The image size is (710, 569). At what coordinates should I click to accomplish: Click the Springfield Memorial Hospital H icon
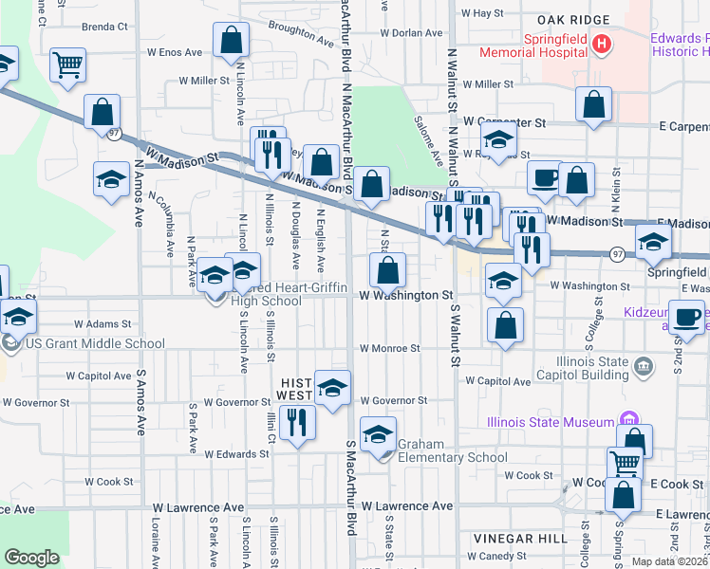pos(600,44)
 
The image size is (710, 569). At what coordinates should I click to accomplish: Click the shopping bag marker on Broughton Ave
pos(231,41)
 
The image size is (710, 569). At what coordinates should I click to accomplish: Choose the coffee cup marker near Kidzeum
pos(687,317)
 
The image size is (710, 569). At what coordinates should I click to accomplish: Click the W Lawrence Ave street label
pos(406,506)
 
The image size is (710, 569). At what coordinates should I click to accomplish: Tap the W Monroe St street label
pos(389,348)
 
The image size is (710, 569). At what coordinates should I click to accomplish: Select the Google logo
pos(31,558)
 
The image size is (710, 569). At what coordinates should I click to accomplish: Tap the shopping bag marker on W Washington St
pos(387,272)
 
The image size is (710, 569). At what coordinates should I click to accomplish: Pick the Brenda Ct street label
pos(104,28)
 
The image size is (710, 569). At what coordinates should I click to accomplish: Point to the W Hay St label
pos(482,13)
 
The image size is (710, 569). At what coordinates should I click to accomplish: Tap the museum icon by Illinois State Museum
pos(626,418)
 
